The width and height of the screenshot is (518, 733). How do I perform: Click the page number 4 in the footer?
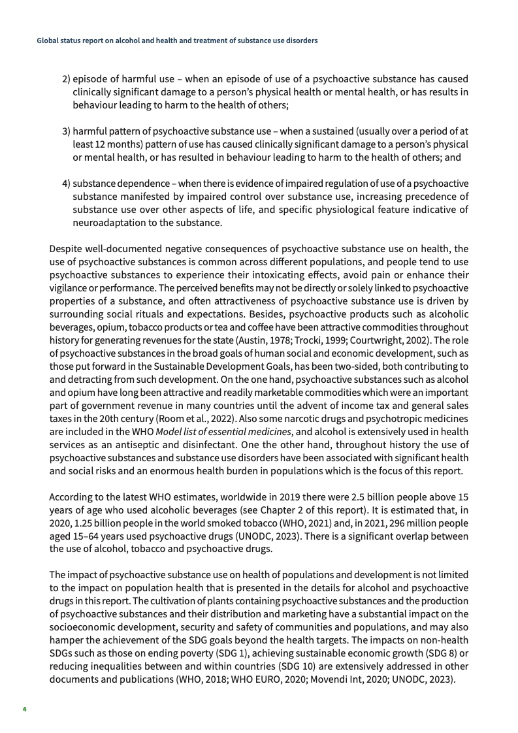24,708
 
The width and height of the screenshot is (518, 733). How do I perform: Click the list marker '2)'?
66,79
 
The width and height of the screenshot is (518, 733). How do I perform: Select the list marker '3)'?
66,131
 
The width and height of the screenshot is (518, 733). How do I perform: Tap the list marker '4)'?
66,183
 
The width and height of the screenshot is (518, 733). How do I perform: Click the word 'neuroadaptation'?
106,222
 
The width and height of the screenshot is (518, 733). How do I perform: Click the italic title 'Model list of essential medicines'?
223,431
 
